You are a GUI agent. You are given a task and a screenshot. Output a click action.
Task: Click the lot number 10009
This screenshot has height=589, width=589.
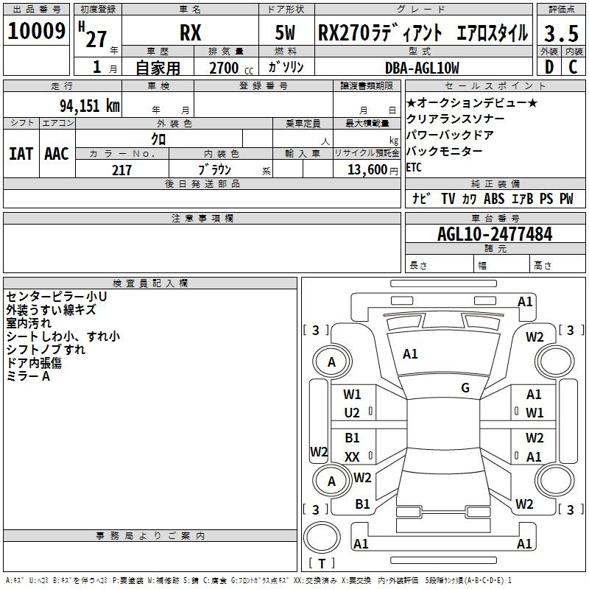36,31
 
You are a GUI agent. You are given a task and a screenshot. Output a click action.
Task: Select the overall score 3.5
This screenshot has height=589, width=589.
561,34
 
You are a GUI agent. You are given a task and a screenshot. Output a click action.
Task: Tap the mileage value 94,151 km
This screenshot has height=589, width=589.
90,105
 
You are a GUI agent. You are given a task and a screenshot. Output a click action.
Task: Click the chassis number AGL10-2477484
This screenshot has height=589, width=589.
495,234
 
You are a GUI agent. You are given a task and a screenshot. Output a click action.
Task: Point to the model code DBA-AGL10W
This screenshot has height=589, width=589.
422,68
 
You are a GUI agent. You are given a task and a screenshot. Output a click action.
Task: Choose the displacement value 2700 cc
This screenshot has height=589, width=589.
231,68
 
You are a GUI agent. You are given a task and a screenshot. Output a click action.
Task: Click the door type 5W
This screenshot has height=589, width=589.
285,32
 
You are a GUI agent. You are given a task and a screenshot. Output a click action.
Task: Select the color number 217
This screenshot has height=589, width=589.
121,170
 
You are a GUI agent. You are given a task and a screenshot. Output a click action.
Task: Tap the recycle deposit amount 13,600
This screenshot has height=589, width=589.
367,169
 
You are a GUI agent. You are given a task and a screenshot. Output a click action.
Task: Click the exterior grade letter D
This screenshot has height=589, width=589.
549,67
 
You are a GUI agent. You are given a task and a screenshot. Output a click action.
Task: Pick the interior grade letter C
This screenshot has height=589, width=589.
573,67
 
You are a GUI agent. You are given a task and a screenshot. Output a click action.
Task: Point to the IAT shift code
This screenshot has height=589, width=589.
21,154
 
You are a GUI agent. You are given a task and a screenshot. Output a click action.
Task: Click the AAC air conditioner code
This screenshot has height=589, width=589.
57,154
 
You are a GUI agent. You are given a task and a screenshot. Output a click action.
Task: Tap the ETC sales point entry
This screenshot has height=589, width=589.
414,167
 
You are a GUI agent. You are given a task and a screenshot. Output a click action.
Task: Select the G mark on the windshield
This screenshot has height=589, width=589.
465,387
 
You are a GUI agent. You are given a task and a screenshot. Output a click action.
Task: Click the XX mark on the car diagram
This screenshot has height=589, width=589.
352,456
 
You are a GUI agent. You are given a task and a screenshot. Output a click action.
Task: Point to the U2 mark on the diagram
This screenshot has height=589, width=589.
352,413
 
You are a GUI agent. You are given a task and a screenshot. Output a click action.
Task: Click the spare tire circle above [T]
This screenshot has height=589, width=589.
322,537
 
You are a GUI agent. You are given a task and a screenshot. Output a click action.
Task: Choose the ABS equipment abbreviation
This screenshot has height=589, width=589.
494,199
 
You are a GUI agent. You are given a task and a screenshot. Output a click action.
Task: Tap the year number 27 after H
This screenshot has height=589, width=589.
96,39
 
